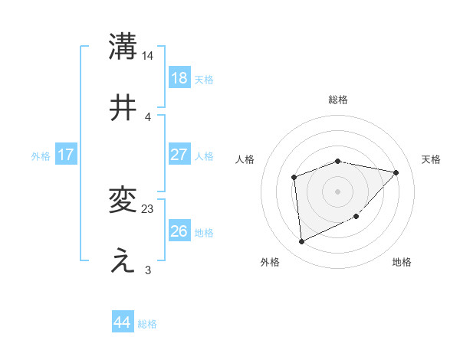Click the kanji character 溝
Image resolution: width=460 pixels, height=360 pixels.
(x=123, y=47)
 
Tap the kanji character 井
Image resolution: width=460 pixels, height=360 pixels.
(x=123, y=106)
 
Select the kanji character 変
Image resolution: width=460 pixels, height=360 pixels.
(x=123, y=200)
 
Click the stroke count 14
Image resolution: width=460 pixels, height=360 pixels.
(x=148, y=56)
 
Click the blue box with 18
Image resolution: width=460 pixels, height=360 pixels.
(x=179, y=77)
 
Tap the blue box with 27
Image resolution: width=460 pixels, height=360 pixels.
(x=179, y=155)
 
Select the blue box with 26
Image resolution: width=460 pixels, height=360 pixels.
(x=179, y=231)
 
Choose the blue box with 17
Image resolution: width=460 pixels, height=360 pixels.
(x=66, y=155)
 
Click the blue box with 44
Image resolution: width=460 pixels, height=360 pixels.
(x=122, y=322)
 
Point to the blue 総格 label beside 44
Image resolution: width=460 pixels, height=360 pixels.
(x=147, y=324)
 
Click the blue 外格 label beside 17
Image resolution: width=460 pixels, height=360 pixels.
(x=41, y=156)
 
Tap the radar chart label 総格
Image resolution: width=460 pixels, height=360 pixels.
(x=338, y=100)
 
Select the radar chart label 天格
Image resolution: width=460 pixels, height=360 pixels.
(x=432, y=159)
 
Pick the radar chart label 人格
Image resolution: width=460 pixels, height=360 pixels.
(x=245, y=159)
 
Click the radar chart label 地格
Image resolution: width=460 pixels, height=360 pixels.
(x=402, y=262)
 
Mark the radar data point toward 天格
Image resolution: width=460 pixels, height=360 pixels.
(x=396, y=172)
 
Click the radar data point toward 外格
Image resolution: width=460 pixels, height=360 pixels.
(x=302, y=242)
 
